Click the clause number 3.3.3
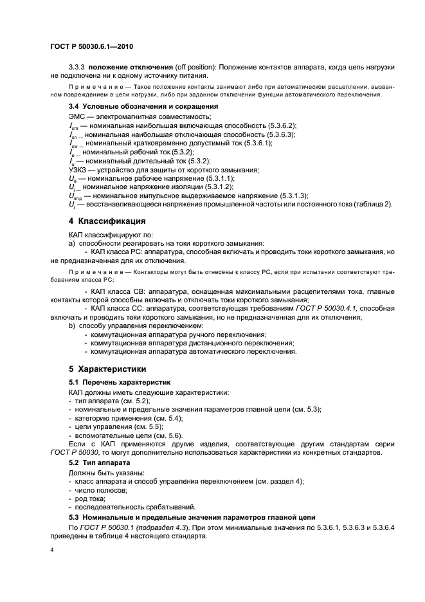(77, 68)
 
